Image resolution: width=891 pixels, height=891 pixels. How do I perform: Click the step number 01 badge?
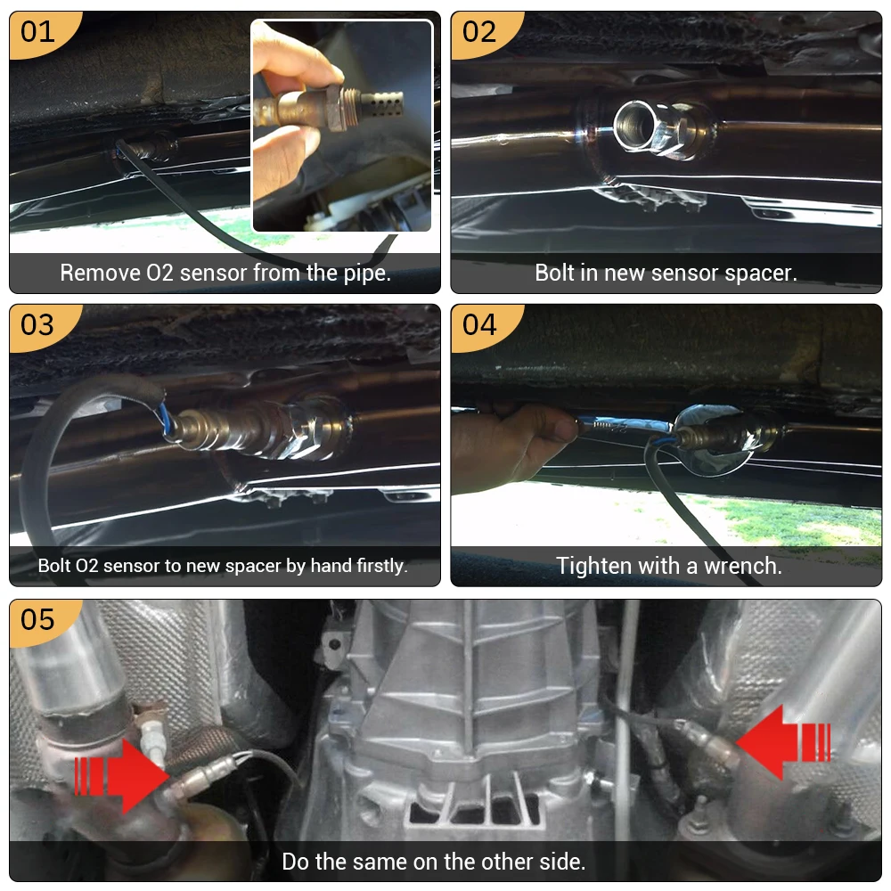point(38,32)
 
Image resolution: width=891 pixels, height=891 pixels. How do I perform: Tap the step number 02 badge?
point(479,32)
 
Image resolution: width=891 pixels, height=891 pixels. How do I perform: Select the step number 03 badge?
point(38,324)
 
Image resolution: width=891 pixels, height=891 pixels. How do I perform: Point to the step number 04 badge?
point(479,324)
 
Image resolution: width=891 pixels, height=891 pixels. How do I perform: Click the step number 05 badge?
point(38,619)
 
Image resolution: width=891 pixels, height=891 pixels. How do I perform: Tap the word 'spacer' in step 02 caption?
point(764,273)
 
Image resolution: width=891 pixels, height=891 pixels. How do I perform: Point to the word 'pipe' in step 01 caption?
point(367,273)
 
